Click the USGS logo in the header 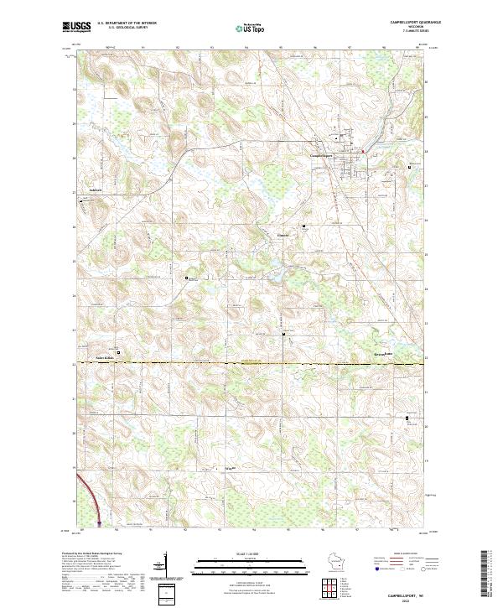tap(76, 28)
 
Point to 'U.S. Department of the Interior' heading tap(127, 23)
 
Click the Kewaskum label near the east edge tap(384, 355)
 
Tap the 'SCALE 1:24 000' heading tap(251, 553)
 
